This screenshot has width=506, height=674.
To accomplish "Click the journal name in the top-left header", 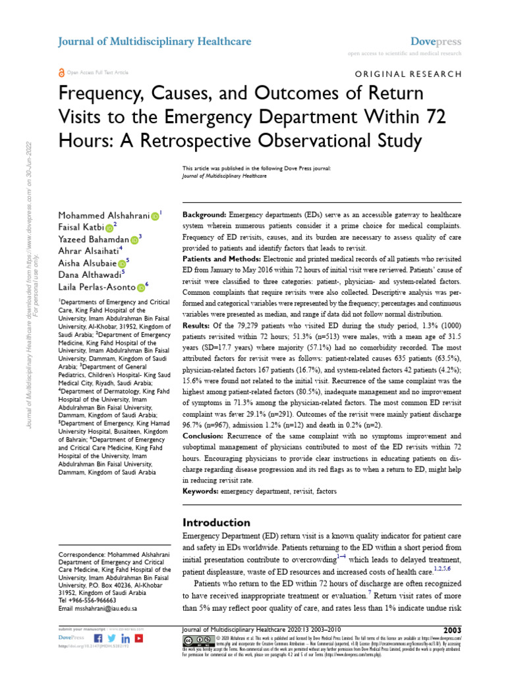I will coord(155,41).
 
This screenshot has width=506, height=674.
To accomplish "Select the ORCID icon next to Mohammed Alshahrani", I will coord(155,216).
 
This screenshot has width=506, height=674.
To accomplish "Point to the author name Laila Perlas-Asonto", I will coord(98,286).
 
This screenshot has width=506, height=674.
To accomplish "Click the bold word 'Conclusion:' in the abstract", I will coord(204,436).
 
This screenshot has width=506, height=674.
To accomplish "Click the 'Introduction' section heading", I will coord(217,523).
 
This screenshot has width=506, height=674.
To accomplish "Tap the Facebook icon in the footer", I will coord(99,638).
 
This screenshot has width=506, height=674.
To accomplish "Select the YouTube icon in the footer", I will coord(139,638).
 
